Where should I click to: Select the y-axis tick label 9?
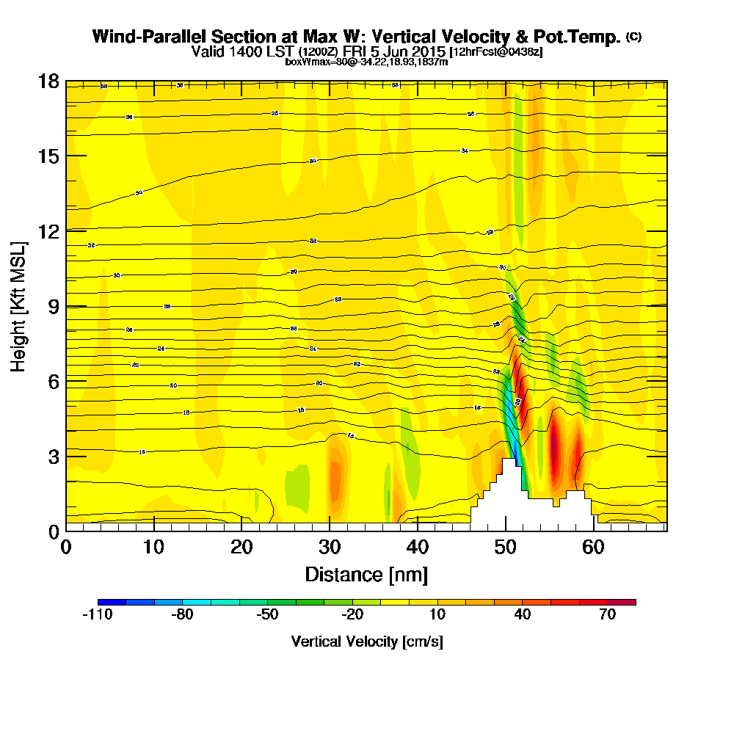point(52,305)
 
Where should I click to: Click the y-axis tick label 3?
point(52,456)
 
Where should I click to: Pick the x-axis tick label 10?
point(153,548)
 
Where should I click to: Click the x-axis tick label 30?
point(330,548)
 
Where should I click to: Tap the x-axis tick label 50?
point(505,548)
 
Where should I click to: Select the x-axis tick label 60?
point(593,548)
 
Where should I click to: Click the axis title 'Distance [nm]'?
point(366,573)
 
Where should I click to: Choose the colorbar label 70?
point(607,615)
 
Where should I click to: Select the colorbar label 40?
point(522,615)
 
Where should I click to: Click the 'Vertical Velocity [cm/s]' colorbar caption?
point(366,642)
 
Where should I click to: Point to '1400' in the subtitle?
point(238,52)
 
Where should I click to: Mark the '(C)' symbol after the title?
point(633,37)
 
